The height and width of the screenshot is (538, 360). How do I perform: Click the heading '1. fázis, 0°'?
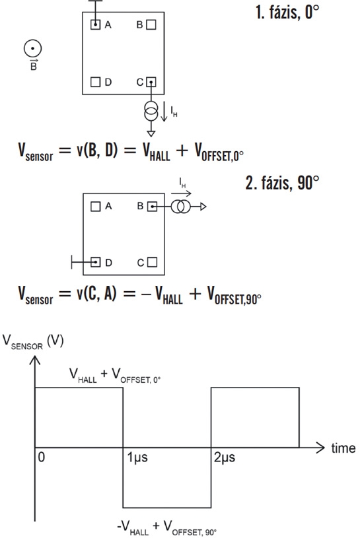[287, 13]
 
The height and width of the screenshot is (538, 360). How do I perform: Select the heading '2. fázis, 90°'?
[282, 182]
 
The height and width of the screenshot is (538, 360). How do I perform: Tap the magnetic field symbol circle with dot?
[32, 48]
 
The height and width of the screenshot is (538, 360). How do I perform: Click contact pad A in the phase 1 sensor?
[95, 24]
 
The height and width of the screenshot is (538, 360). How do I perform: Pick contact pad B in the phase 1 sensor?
[151, 24]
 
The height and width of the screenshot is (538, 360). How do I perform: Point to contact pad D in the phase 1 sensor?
[95, 82]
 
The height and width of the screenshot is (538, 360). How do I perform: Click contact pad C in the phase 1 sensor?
[151, 83]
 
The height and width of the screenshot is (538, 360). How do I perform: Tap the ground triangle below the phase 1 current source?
[151, 134]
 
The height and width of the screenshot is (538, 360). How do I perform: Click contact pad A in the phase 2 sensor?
[96, 206]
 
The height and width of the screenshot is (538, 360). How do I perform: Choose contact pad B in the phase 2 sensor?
[152, 207]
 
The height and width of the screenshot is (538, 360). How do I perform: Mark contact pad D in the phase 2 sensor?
[96, 263]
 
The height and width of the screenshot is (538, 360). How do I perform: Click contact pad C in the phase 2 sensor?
[152, 263]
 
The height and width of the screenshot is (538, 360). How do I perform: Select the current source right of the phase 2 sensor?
[180, 207]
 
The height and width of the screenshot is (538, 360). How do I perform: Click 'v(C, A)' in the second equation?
[96, 294]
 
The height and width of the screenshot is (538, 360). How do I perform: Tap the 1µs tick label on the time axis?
[137, 457]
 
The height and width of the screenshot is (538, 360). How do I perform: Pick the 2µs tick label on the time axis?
[225, 457]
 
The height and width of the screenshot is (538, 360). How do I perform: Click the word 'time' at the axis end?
[343, 448]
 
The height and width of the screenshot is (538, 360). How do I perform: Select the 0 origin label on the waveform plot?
[41, 457]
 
